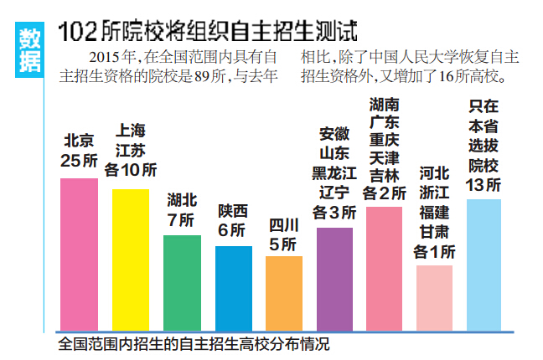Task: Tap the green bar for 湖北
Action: point(182,282)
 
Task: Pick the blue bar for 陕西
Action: point(233,287)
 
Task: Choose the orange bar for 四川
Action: point(284,292)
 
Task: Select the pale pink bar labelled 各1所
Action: point(434,297)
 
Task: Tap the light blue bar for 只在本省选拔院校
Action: point(484,264)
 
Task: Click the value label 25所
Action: point(79,159)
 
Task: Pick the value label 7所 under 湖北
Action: point(182,220)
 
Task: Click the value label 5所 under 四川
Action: point(283,244)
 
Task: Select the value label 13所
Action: point(484,184)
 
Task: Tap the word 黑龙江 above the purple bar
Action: point(334,173)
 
